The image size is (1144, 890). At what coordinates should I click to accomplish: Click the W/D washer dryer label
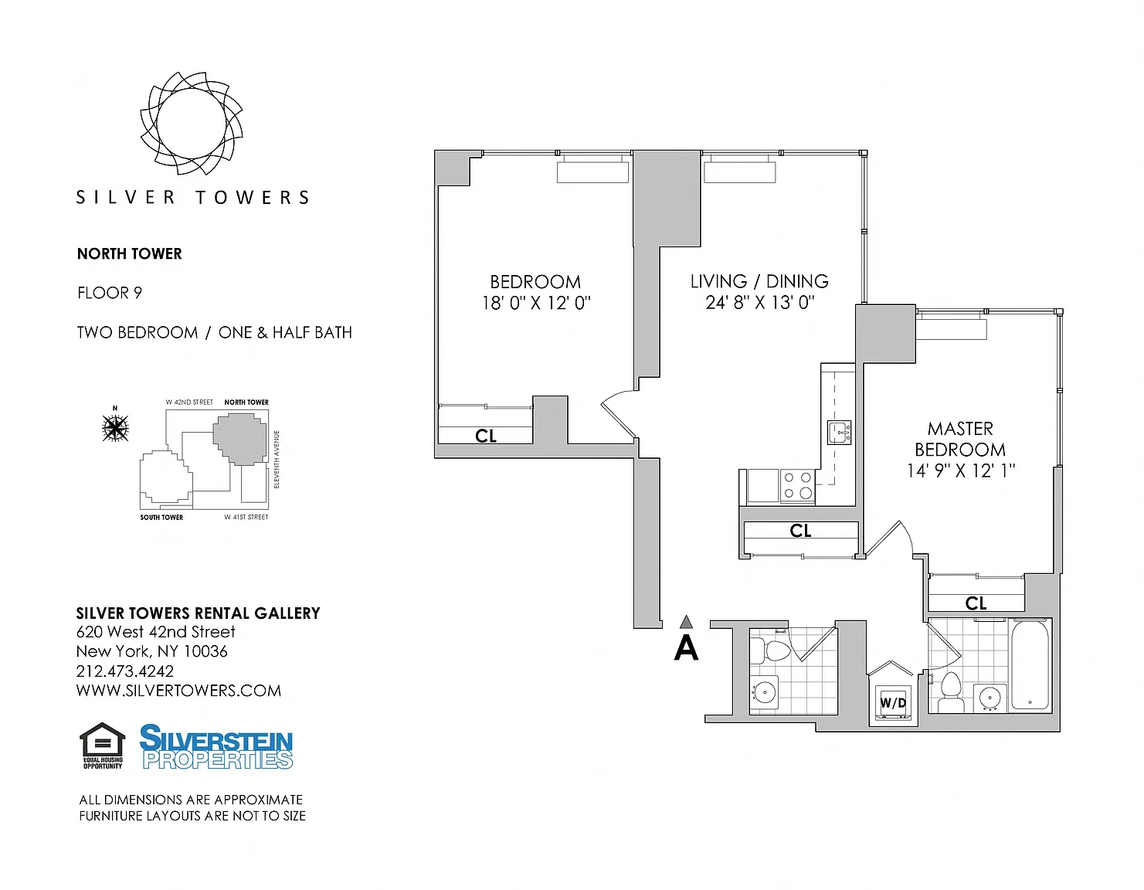coord(893,702)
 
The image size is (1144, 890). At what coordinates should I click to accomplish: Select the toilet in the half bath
coord(772,651)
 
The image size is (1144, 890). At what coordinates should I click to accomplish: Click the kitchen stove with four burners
coord(798,484)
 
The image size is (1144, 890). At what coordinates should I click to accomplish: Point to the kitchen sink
coord(839,432)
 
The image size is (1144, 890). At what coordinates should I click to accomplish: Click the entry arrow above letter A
coord(685,622)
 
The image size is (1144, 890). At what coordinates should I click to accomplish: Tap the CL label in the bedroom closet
coord(485,436)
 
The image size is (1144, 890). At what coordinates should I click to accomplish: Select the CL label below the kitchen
coord(800,531)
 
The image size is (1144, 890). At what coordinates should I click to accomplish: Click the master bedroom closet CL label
coord(976,603)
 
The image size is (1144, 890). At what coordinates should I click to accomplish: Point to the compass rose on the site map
coord(115,427)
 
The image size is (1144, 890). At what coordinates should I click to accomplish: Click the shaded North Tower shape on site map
coord(240,439)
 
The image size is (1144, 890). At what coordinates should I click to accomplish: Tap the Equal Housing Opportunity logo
coord(102,746)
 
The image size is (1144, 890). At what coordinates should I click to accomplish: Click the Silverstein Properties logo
coord(216,747)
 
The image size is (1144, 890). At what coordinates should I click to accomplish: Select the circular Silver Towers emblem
coord(192,124)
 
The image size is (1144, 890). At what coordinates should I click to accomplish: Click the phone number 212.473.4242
coord(125,671)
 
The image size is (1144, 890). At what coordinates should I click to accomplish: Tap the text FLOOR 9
coord(110,293)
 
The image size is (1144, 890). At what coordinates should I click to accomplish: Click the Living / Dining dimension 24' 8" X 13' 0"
coord(759,303)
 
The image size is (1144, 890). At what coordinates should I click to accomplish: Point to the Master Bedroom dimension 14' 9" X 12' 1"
coord(960,470)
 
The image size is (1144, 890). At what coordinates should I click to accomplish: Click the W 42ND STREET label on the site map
coord(189,402)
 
